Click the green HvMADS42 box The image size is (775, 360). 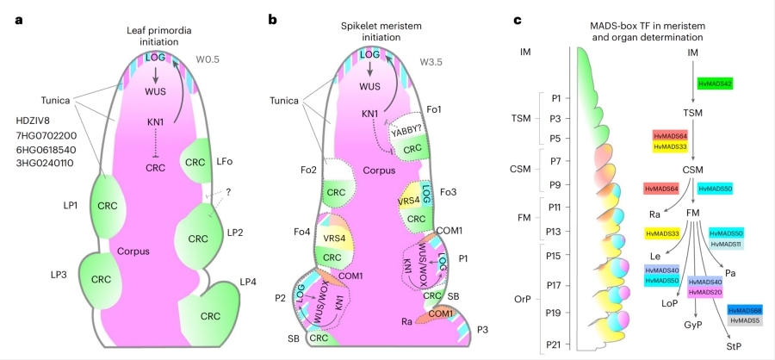point(715,84)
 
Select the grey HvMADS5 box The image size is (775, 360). point(744,320)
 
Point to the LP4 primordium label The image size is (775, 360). point(248,282)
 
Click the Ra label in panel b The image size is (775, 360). point(405,320)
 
